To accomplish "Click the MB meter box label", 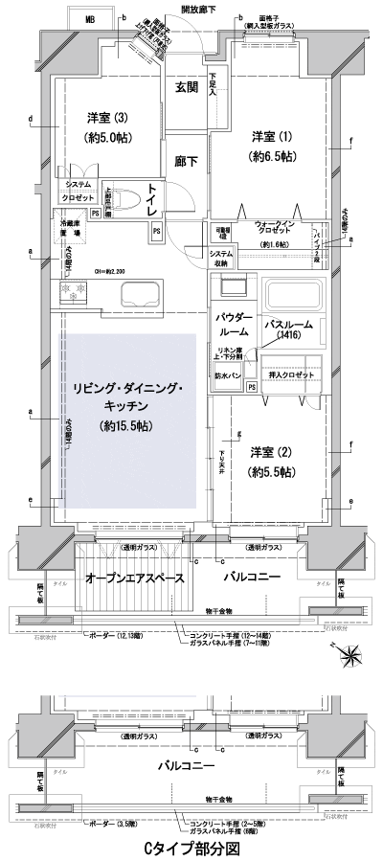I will [x=90, y=19].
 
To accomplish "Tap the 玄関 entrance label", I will [x=187, y=87].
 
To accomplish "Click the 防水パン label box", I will [x=229, y=375].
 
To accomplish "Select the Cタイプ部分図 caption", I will [x=191, y=848].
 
